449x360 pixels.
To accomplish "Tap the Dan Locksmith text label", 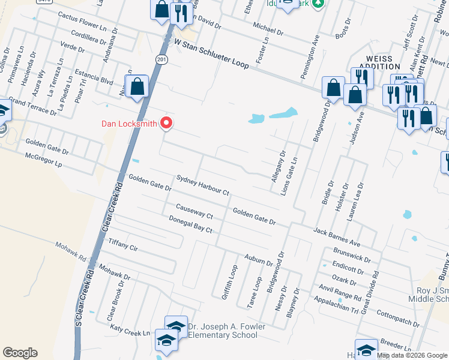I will click(x=128, y=124).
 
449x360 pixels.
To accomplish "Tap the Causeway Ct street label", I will click(x=194, y=211).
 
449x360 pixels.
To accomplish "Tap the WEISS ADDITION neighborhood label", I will click(x=379, y=62).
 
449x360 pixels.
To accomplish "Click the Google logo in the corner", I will click(x=20, y=353).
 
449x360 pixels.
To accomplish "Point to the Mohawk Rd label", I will click(x=71, y=251).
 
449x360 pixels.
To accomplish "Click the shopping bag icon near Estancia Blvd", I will click(x=137, y=86).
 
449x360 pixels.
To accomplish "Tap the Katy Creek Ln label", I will click(x=130, y=329).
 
